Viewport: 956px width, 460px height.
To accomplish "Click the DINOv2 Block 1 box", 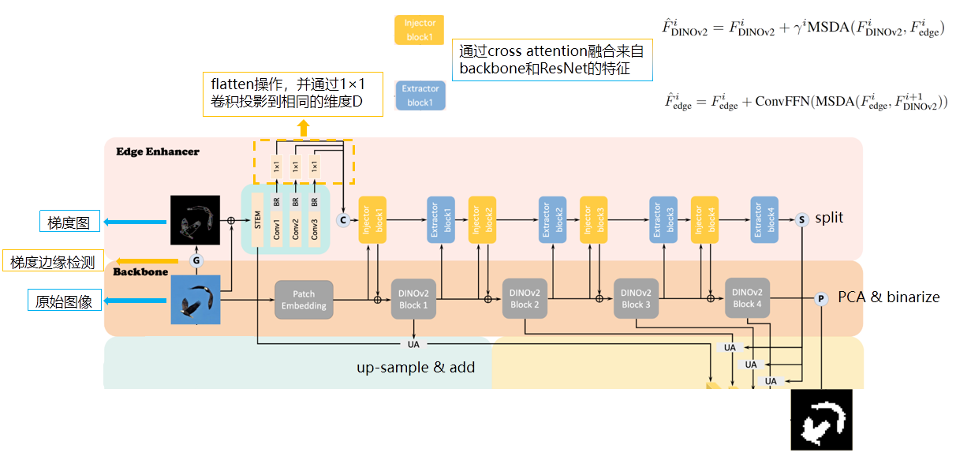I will click(x=414, y=299).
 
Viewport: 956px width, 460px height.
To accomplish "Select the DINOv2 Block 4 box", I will click(x=747, y=298).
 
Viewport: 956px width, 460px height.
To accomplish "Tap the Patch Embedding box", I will click(x=304, y=300).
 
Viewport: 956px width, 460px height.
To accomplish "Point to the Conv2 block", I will click(x=296, y=229).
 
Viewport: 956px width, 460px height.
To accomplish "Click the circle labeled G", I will click(x=196, y=260).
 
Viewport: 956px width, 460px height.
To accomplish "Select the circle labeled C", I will click(x=343, y=219).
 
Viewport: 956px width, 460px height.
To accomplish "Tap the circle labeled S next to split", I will click(x=802, y=219).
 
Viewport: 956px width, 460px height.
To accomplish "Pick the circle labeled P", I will click(x=821, y=299).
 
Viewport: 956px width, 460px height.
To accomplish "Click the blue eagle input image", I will click(x=196, y=300).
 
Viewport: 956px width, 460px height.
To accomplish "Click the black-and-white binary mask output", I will click(x=822, y=420).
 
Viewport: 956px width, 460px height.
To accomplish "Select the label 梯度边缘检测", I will click(x=54, y=262).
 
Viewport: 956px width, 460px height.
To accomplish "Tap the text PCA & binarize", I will click(x=888, y=297).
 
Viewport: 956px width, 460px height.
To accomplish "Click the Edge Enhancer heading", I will click(x=158, y=151).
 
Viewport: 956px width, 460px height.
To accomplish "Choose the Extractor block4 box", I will click(x=764, y=219).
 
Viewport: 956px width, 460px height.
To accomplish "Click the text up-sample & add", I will click(x=416, y=367).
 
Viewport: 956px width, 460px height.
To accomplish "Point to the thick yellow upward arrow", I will click(x=304, y=128).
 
